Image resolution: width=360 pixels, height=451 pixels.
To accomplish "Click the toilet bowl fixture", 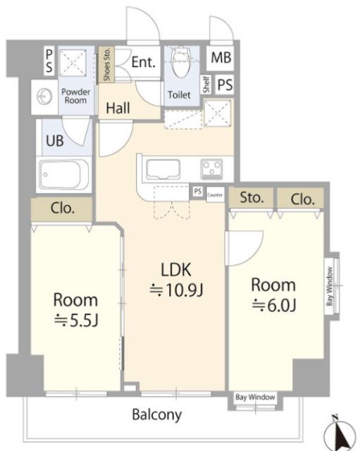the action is coord(181,62).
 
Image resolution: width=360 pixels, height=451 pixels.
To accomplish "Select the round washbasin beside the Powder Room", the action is coord(45,97).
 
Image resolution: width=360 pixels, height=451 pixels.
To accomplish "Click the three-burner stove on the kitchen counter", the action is coord(212,169).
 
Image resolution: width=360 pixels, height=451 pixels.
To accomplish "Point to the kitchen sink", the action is coord(163,170).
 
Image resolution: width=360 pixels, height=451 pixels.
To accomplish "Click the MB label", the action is coord(221,57).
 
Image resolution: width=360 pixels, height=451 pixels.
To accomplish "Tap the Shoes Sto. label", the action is coord(106,65).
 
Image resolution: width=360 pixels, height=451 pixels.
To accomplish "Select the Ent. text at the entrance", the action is coord(143,62).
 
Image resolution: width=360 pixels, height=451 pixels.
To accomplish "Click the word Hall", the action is coord(118,108).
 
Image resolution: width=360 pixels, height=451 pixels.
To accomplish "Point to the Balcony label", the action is coord(156,415).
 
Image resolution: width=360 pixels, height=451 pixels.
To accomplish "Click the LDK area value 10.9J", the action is coord(177,290).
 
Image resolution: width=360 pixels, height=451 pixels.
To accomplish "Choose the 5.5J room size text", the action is coord(77,321).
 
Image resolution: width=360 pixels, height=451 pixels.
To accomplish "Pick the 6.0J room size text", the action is coord(274,305).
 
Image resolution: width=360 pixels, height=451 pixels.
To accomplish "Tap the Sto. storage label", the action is coord(252,198).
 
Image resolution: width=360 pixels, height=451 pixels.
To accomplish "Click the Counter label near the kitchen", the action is coord(215,195).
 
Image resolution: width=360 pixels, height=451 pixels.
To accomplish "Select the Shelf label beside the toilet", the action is coord(206,85).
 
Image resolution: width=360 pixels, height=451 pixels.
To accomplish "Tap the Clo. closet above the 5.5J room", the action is coord(63,209).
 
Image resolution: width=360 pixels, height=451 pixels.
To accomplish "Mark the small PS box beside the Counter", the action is coord(197,191).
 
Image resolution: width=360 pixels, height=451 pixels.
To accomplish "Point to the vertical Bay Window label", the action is coord(330,287).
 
